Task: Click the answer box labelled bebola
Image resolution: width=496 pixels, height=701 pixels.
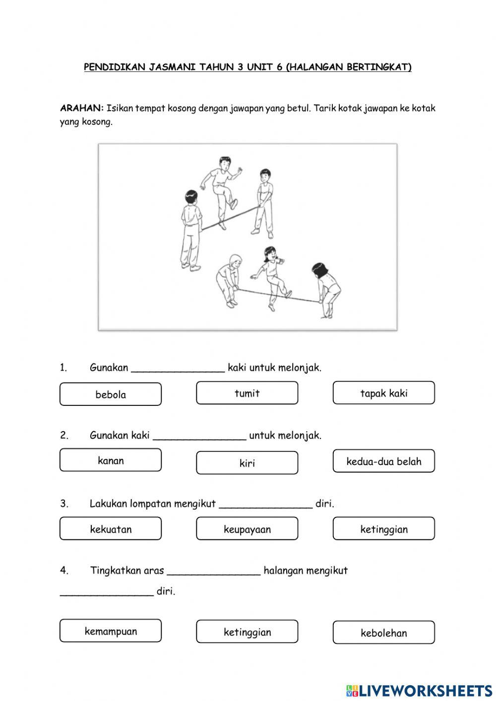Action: point(111,394)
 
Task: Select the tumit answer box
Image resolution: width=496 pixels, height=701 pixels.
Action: point(247,393)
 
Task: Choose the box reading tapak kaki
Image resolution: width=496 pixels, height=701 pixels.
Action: point(383,393)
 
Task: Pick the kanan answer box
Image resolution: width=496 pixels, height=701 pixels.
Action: point(111,460)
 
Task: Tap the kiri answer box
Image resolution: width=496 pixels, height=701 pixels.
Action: point(247,463)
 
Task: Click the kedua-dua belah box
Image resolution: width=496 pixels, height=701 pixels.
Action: point(383,461)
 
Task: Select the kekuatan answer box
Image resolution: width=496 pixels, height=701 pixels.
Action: point(111,529)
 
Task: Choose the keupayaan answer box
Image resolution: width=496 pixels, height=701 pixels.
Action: point(247,529)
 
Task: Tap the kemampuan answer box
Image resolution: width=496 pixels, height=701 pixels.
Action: point(111,631)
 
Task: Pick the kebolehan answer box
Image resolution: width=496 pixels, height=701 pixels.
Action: point(383,633)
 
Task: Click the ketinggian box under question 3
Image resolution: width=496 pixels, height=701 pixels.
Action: point(383,529)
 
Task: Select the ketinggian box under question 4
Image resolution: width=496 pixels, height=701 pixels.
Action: point(247,632)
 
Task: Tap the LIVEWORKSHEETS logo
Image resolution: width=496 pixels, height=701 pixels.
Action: point(419,690)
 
